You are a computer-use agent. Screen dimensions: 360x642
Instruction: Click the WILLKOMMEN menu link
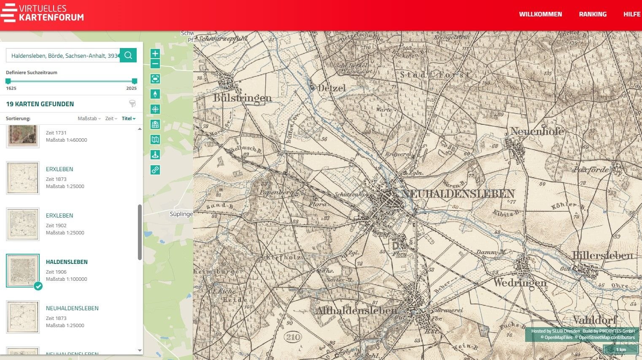click(x=540, y=14)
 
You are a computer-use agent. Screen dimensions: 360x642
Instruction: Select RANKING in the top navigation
click(x=593, y=14)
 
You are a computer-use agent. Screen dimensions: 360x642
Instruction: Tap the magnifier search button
click(x=128, y=55)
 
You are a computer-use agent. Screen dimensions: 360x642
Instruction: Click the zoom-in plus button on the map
click(x=155, y=54)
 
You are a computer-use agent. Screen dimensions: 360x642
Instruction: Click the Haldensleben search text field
click(x=63, y=56)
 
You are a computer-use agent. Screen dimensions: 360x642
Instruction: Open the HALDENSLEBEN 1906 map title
click(x=67, y=262)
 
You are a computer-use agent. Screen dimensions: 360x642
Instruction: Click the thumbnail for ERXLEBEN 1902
click(x=23, y=224)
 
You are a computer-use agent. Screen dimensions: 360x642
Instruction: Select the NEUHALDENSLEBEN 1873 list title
click(x=72, y=308)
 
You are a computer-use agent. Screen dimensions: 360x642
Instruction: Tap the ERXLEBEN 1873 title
click(x=59, y=169)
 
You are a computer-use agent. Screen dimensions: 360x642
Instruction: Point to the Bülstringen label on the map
click(x=242, y=98)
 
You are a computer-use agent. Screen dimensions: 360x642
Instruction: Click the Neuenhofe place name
click(x=537, y=131)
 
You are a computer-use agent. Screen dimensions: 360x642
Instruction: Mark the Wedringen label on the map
click(x=520, y=282)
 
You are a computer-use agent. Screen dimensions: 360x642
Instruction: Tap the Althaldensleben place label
click(x=356, y=311)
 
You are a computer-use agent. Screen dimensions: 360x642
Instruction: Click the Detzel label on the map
click(x=331, y=88)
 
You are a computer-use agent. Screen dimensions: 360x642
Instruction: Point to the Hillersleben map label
click(x=603, y=255)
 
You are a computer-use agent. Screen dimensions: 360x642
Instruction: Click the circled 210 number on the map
click(x=293, y=337)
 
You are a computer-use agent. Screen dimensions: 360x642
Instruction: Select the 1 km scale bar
click(x=620, y=349)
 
